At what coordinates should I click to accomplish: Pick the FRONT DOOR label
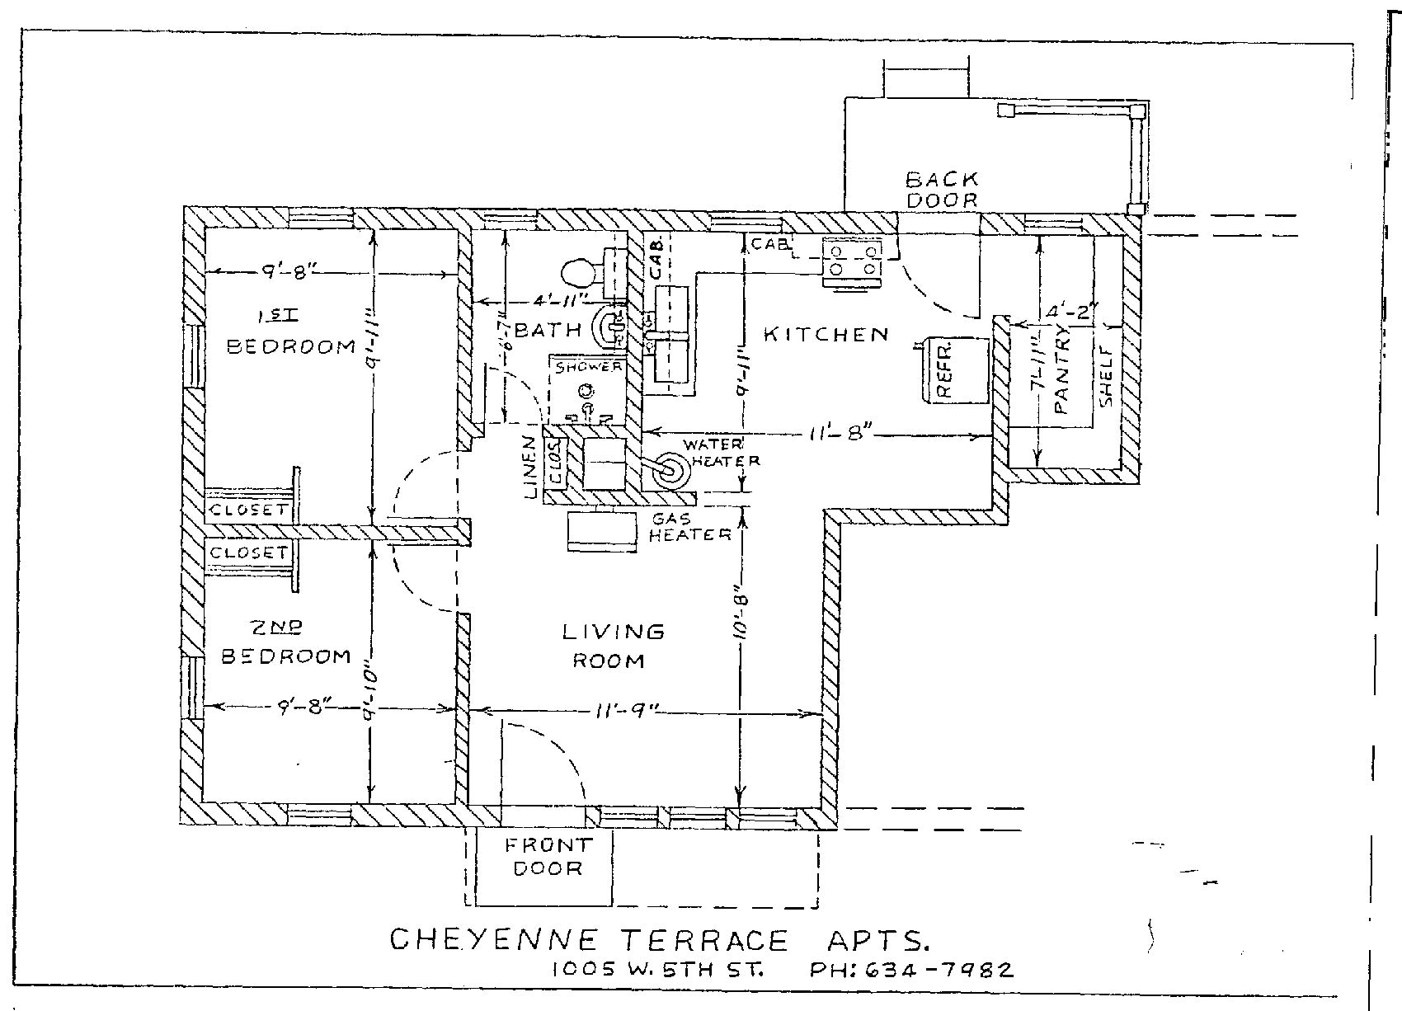pyautogui.click(x=548, y=857)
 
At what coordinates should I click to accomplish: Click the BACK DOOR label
pyautogui.click(x=942, y=190)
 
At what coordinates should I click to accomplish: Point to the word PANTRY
pyautogui.click(x=1061, y=369)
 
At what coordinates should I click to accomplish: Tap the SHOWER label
pyautogui.click(x=588, y=367)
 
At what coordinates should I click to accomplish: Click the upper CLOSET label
pyautogui.click(x=248, y=510)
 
